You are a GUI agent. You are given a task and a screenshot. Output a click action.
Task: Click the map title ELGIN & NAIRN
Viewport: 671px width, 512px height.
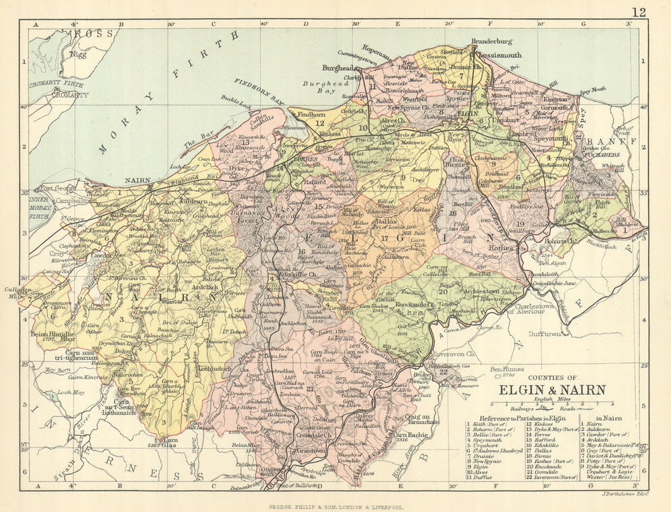point(552,389)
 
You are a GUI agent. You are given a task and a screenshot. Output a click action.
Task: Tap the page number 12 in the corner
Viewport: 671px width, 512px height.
point(639,11)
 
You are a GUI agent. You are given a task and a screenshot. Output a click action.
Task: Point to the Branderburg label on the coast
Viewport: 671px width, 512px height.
point(491,41)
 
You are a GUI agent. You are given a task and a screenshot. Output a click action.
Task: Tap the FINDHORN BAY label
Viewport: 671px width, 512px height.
point(259,92)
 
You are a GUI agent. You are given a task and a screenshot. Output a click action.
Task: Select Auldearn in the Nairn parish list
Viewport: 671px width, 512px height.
point(602,429)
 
